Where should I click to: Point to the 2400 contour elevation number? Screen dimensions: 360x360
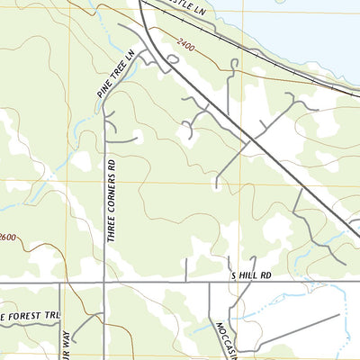[187, 42]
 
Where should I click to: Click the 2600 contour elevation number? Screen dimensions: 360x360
[8, 237]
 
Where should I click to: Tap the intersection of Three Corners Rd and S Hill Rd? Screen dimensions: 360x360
[104, 283]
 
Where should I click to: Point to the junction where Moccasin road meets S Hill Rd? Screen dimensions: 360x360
[210, 283]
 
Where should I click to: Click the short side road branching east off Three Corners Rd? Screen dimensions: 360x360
[124, 140]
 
